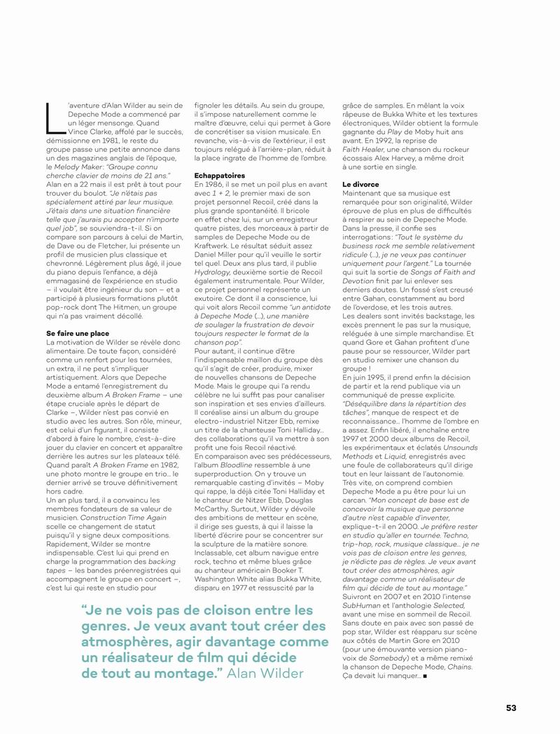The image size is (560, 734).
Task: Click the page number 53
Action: (x=511, y=707)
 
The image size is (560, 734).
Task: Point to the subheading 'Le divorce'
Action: (x=360, y=184)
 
